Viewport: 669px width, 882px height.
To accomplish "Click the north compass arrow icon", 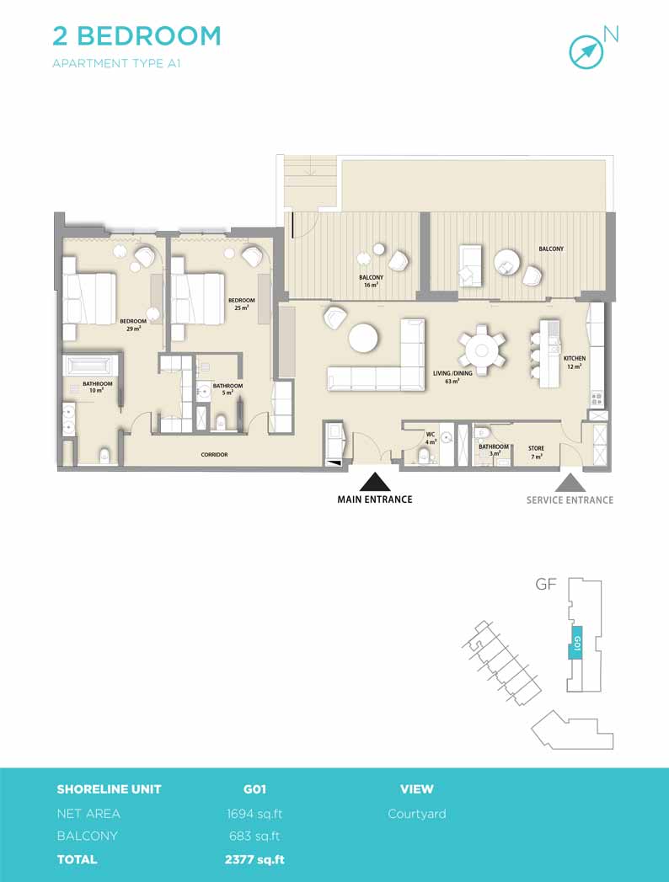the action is [x=586, y=52].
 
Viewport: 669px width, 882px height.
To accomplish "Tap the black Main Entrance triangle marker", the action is [x=375, y=482].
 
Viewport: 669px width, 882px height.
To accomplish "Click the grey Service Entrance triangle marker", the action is [x=570, y=483].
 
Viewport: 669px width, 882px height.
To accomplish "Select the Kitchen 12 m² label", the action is [x=575, y=362].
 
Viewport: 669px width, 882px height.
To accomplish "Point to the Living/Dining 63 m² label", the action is [x=452, y=377].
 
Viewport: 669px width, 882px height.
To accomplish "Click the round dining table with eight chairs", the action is [x=482, y=350].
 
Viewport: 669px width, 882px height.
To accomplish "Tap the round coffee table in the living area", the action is [x=363, y=338].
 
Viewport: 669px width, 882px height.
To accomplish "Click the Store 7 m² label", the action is [x=536, y=452].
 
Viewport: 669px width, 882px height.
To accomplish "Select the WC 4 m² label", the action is [x=431, y=438].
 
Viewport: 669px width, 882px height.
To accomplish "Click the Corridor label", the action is [x=214, y=455].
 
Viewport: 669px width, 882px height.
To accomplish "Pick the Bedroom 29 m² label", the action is [x=133, y=325].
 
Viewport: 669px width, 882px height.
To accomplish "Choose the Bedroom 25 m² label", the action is [x=241, y=304].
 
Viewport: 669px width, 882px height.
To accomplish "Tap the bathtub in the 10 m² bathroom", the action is [x=91, y=366].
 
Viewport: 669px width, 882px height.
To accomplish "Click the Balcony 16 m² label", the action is [x=371, y=281].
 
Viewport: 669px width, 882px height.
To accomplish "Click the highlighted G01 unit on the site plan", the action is [x=575, y=643].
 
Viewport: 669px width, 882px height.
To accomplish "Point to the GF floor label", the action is [x=546, y=584].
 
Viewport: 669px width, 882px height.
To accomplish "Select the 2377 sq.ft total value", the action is [x=254, y=859].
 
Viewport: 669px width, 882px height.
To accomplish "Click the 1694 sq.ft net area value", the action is [x=254, y=814].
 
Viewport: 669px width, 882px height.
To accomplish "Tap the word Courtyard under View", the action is [x=417, y=814].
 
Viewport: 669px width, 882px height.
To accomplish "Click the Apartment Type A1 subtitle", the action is [x=116, y=63].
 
